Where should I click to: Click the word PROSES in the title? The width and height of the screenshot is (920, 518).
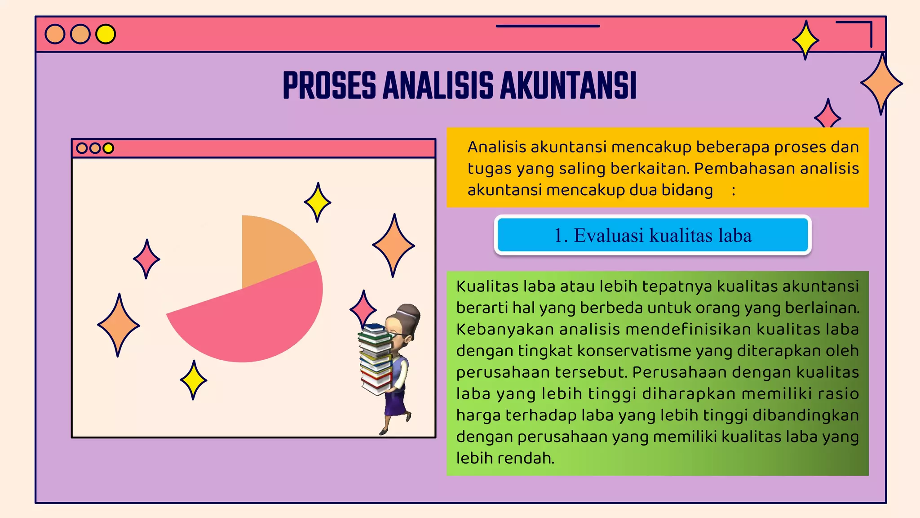329,85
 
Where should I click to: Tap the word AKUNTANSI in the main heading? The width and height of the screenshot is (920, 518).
568,85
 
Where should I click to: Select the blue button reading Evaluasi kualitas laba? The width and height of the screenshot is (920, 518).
652,235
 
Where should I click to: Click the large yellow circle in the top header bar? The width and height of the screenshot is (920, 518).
106,34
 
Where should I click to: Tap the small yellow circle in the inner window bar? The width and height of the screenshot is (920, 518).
108,148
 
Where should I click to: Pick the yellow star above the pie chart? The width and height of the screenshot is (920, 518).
318,202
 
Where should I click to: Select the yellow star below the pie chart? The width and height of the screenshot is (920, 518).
193,380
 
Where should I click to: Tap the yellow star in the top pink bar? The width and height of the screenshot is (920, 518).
805,40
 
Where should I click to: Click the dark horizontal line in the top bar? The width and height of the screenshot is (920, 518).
548,26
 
